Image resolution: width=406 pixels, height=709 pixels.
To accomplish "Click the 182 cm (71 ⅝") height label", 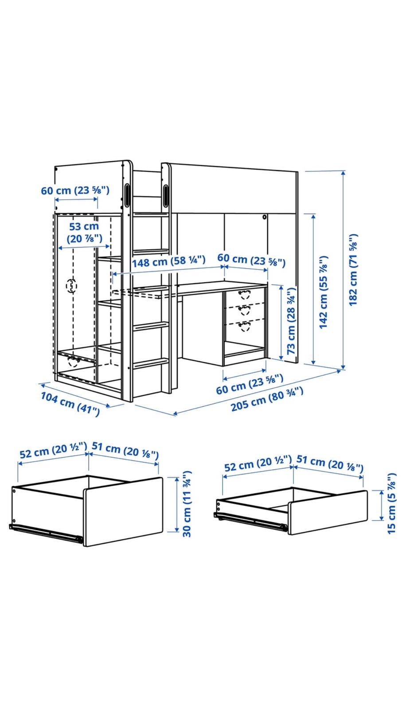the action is (353, 270).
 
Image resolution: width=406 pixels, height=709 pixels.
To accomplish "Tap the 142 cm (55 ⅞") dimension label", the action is (324, 292).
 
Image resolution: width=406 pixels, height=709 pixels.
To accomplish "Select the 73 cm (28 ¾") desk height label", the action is (291, 321).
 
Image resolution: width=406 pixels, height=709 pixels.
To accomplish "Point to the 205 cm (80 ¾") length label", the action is (267, 399).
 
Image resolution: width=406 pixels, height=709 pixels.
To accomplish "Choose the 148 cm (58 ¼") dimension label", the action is (169, 261).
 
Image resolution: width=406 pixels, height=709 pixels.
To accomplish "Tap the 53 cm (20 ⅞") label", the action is (84, 232).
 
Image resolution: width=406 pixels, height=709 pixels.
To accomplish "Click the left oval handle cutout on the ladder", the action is (127, 195).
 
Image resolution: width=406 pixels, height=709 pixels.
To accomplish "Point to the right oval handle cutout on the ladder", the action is (166, 195).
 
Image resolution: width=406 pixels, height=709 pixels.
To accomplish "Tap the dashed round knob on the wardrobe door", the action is (71, 286).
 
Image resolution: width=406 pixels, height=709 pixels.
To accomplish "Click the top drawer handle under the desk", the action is (245, 294).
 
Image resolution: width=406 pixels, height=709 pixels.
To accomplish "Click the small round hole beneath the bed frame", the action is (264, 217).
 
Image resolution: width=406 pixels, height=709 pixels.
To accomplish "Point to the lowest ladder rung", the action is (151, 363).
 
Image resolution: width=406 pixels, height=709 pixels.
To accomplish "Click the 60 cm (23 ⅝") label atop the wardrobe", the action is (75, 191).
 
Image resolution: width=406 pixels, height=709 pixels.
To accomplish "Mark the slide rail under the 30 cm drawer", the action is (46, 533).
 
